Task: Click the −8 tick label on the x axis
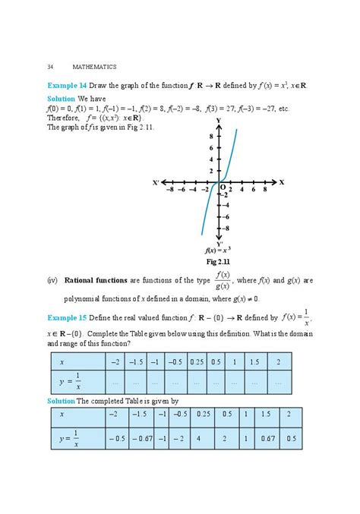pyautogui.click(x=172, y=191)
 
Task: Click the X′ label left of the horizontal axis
pyautogui.click(x=156, y=183)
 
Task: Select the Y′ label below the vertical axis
pyautogui.click(x=219, y=244)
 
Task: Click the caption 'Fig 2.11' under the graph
pyautogui.click(x=218, y=261)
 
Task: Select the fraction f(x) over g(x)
pyautogui.click(x=223, y=280)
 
